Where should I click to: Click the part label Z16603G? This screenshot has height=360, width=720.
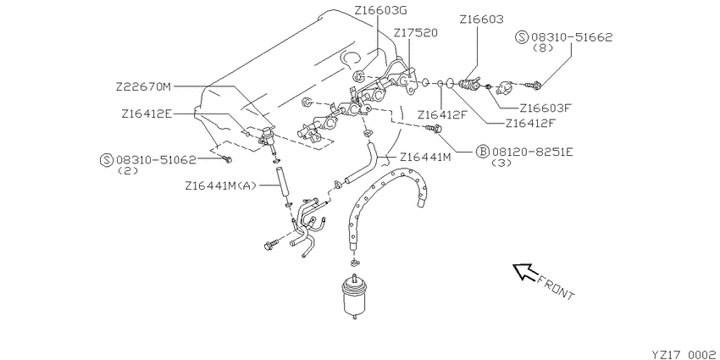[380, 9]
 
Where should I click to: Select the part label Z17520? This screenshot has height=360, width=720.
[416, 32]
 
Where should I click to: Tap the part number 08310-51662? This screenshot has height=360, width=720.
[572, 37]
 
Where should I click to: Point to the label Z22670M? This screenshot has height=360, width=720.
[143, 86]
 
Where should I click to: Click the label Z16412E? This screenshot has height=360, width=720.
[146, 114]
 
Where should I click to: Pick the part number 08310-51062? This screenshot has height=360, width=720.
[156, 160]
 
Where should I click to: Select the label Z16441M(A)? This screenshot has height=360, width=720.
[221, 186]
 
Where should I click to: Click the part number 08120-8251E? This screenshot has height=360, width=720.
[533, 151]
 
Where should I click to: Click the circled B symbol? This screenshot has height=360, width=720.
[482, 151]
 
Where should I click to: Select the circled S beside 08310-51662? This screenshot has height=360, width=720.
[522, 37]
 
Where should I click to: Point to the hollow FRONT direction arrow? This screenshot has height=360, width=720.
[524, 271]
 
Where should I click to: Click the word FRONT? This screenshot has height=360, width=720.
[556, 287]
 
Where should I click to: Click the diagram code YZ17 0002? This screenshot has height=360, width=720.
[684, 354]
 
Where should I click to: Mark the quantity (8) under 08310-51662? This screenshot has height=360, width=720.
[543, 48]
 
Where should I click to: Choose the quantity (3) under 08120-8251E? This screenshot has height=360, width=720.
[501, 163]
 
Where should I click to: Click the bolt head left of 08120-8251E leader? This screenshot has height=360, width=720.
[434, 129]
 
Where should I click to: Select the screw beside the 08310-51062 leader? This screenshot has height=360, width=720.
[227, 159]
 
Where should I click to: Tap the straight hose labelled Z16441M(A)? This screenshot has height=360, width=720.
[280, 183]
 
